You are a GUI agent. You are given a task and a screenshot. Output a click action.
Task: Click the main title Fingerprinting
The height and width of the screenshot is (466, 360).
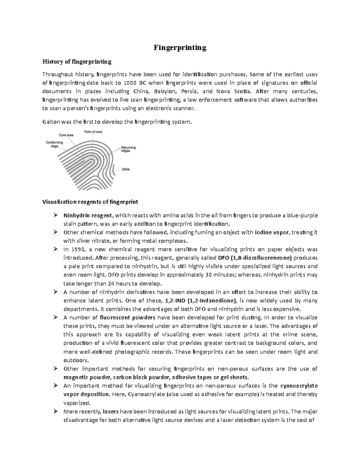180,48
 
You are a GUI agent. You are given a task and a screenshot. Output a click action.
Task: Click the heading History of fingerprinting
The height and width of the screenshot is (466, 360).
77,62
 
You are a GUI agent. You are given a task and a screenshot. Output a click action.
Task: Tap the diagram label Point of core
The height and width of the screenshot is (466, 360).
93,131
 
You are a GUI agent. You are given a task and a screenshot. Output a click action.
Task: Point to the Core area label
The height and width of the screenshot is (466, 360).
66,135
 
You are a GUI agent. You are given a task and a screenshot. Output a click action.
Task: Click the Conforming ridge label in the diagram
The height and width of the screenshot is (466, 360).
54,144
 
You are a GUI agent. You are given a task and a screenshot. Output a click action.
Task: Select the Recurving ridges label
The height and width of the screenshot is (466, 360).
128,149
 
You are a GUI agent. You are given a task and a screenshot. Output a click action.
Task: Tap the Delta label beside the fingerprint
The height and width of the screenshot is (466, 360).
126,169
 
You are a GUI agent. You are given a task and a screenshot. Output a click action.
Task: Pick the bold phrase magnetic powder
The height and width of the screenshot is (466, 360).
84,377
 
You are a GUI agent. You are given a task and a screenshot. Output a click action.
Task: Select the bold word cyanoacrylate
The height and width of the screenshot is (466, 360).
298,386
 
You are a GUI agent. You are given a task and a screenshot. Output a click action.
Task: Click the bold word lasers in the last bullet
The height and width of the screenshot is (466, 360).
111,411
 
